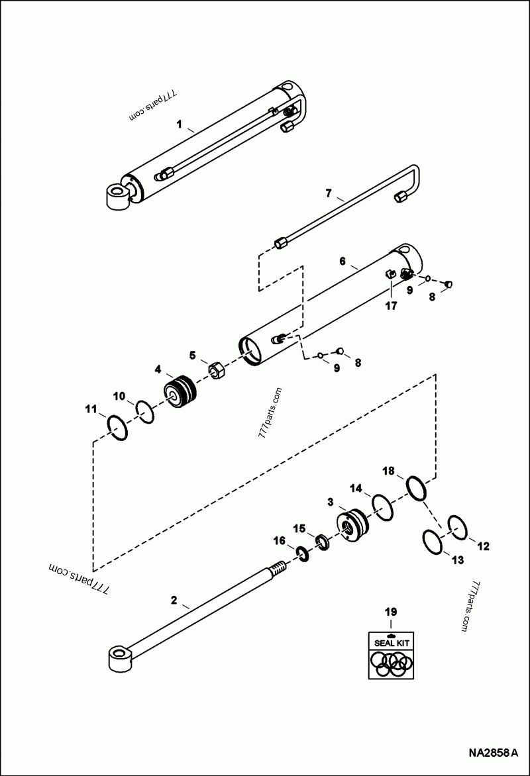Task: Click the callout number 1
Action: pyautogui.click(x=178, y=124)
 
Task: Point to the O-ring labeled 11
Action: pyautogui.click(x=117, y=429)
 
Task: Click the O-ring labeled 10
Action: pyautogui.click(x=146, y=412)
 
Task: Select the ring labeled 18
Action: pyautogui.click(x=419, y=489)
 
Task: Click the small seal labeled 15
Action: pyautogui.click(x=322, y=542)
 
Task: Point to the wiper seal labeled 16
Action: pyautogui.click(x=300, y=552)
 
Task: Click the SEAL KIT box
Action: pyautogui.click(x=391, y=655)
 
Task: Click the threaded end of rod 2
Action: pyautogui.click(x=278, y=569)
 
